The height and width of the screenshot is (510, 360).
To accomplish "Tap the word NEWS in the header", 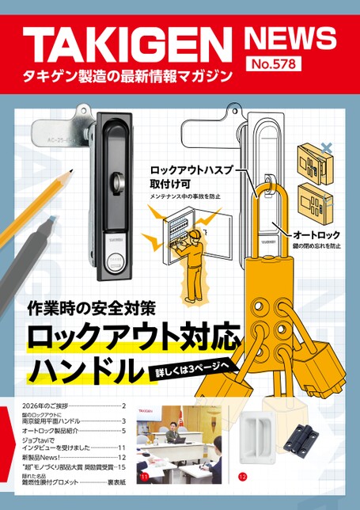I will pos(290,37).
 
